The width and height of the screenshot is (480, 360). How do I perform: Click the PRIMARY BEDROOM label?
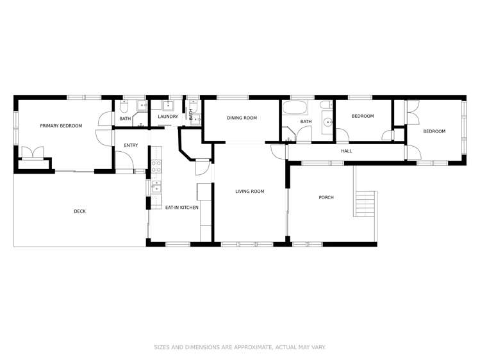pos(61,126)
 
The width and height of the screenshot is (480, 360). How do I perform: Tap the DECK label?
pos(79,211)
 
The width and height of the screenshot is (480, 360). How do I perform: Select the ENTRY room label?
pos(131,145)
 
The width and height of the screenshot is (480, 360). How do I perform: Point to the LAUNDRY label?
pos(168,117)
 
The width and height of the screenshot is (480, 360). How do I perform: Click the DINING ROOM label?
pos(241,118)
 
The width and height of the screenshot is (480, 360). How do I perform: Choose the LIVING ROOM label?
pos(249,192)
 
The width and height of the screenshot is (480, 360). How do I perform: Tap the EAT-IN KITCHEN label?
pos(181,208)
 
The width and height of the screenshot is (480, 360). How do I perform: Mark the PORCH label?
pos(326,197)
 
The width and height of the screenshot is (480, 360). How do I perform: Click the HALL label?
pos(346,151)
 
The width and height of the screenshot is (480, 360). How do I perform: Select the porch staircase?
pos(365,205)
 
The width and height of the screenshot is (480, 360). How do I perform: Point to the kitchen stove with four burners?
pos(155,168)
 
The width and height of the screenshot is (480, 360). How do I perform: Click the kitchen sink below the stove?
pos(155,188)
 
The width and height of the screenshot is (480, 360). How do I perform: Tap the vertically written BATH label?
pos(191,115)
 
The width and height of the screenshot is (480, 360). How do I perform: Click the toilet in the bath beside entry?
pos(126,104)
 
